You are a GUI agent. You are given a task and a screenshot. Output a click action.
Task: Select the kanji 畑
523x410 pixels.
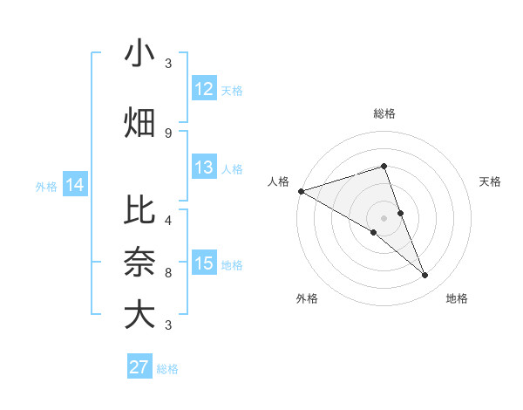pos(139,122)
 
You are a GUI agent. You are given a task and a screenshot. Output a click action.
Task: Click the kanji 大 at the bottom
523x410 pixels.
pos(139,315)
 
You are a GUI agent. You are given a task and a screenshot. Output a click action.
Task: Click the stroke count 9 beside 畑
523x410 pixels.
pos(168,133)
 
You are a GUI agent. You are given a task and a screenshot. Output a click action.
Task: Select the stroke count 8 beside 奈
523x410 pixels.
pos(168,272)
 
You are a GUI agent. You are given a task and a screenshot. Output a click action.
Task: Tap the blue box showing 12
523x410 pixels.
pos(204,89)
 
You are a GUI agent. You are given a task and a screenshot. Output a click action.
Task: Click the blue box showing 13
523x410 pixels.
pos(204,167)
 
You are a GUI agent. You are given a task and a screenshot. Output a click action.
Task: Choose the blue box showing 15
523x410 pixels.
pos(204,263)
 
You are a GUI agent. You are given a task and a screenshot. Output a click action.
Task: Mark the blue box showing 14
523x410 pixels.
pos(75,185)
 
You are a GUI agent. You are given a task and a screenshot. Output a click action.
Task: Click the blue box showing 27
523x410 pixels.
pos(139,366)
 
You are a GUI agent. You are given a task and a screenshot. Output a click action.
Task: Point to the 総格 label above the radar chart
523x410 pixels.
pos(384,113)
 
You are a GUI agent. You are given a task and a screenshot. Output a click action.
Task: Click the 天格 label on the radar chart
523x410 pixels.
pos(491,181)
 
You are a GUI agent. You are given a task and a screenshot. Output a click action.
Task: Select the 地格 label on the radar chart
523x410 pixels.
pos(457,298)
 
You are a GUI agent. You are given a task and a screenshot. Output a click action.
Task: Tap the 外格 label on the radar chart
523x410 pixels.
pos(307,298)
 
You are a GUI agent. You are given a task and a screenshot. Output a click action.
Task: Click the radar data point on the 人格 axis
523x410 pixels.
pos(301,190)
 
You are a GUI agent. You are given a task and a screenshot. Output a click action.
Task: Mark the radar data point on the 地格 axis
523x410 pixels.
pos(425,276)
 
